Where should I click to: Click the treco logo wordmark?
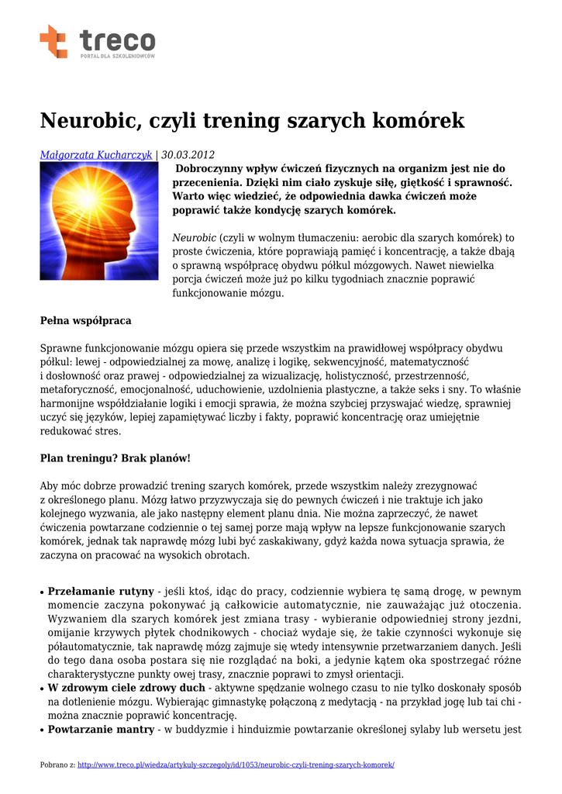117,39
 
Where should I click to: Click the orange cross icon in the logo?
53,41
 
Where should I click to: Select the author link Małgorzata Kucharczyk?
96,155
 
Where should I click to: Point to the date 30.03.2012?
188,155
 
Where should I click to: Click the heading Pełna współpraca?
85,320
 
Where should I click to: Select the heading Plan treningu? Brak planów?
115,458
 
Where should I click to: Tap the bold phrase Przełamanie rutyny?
101,591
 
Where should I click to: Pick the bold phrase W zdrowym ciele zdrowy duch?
126,688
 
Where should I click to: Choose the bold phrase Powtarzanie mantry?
100,730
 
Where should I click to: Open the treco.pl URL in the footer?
236,765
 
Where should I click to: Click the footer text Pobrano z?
57,765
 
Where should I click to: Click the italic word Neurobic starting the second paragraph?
194,237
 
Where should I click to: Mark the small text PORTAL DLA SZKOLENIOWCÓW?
118,57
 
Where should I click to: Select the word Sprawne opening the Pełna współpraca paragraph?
60,348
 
